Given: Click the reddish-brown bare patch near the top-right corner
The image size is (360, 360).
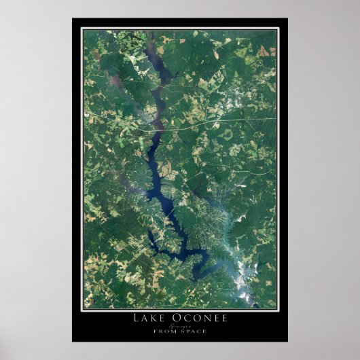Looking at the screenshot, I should (x=263, y=51).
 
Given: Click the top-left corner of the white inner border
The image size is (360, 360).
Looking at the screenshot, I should (x=82, y=29).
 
